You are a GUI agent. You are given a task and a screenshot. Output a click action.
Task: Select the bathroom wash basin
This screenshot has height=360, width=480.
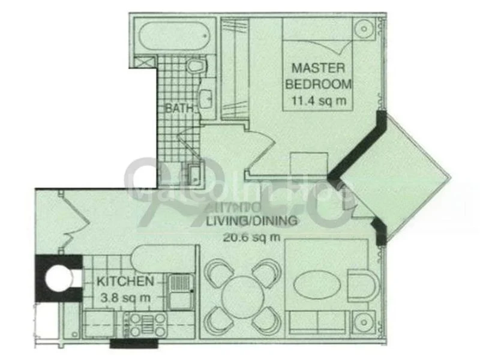click(x=205, y=100)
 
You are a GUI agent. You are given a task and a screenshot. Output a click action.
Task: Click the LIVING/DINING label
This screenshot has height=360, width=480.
click(x=251, y=221)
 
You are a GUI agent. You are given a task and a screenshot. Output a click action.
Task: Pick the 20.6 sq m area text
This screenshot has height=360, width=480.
click(x=251, y=236)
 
